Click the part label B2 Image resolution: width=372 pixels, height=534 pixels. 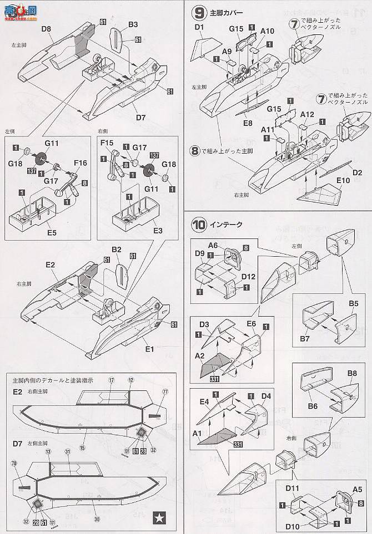[x=117, y=250]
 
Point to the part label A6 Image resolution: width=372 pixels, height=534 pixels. [x=214, y=245]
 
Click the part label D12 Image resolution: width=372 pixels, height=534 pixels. [x=248, y=276]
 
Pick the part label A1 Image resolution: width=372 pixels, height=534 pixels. [x=195, y=433]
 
